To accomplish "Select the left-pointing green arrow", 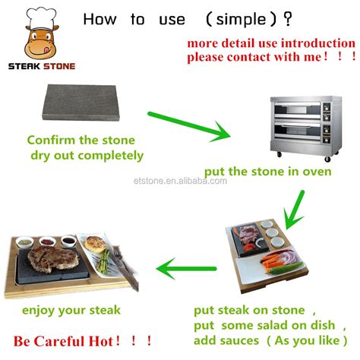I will [x=185, y=266].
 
